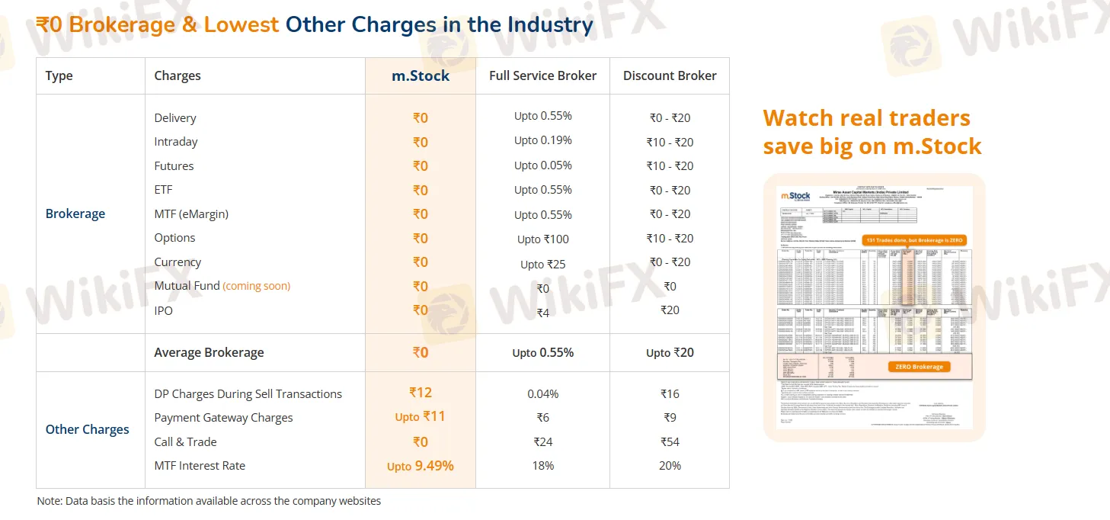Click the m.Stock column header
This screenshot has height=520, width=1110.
[x=421, y=76]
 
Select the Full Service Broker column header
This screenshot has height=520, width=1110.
[x=542, y=75]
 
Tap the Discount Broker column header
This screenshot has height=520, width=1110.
[x=670, y=75]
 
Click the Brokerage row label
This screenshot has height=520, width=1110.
[x=75, y=213]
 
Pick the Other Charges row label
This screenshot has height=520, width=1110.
[x=88, y=429]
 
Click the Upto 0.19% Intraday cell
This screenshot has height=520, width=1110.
[x=542, y=140]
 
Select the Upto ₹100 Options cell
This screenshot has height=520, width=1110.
[x=542, y=239]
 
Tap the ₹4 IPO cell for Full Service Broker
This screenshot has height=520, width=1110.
[x=542, y=313]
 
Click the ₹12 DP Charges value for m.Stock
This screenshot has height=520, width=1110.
[x=421, y=393]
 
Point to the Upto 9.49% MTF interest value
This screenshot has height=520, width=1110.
[x=421, y=466]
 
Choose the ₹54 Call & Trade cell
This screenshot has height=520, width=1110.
[x=670, y=441]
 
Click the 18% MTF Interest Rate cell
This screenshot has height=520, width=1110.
[x=542, y=466]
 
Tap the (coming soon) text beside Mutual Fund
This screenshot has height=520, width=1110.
[x=256, y=286]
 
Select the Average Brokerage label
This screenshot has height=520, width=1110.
[x=209, y=352]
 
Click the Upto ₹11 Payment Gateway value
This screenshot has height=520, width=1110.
[x=421, y=417]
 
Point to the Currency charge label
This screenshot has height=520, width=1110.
[x=178, y=262]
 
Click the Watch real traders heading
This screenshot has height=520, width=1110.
[x=866, y=118]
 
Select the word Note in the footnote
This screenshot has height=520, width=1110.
[x=49, y=501]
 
